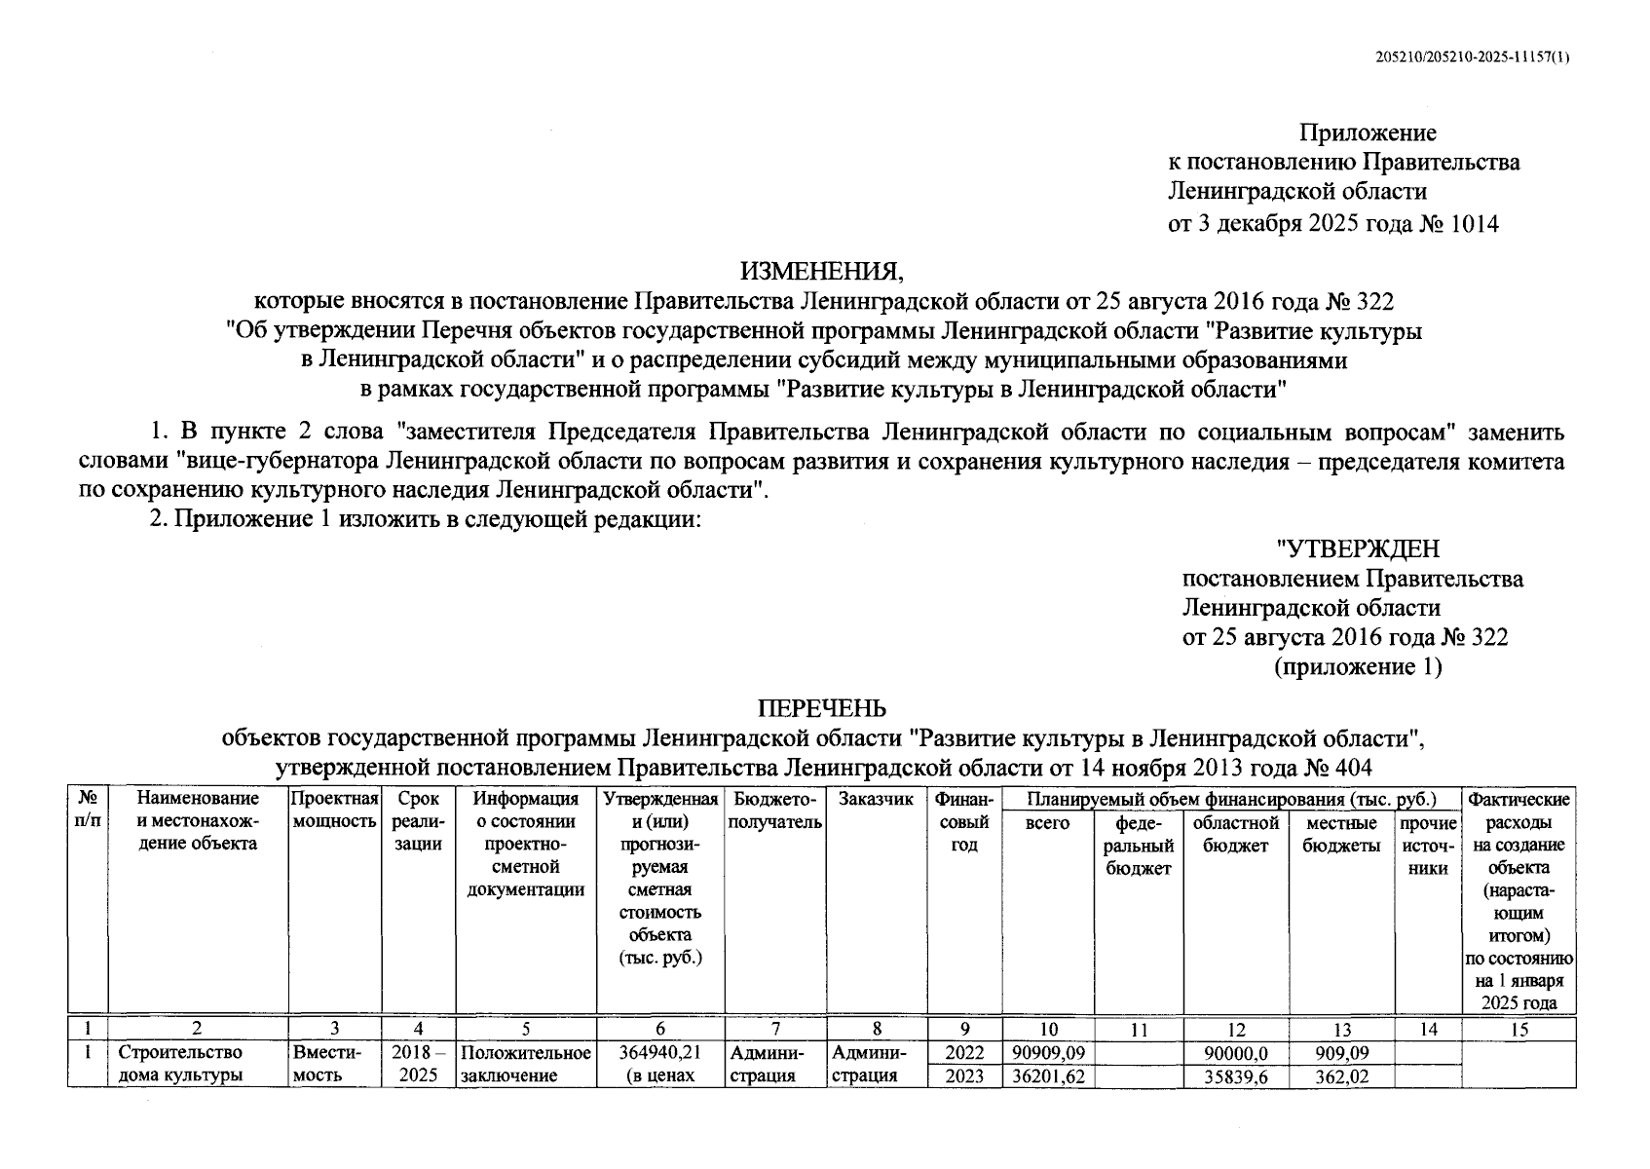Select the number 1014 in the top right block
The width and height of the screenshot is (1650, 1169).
point(1475,224)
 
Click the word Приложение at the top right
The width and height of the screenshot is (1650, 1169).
point(1368,132)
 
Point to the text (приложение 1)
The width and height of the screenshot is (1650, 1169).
point(1358,666)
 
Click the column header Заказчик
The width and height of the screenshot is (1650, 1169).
point(876,800)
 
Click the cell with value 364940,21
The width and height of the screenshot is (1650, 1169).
point(660,1052)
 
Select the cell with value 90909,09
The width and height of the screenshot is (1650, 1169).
point(1048,1052)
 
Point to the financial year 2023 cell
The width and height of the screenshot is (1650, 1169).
point(964,1076)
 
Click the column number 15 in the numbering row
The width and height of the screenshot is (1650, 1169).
point(1519,1029)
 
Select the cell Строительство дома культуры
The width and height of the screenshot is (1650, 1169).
point(181,1064)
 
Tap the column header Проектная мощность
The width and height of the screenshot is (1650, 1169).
point(334,811)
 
